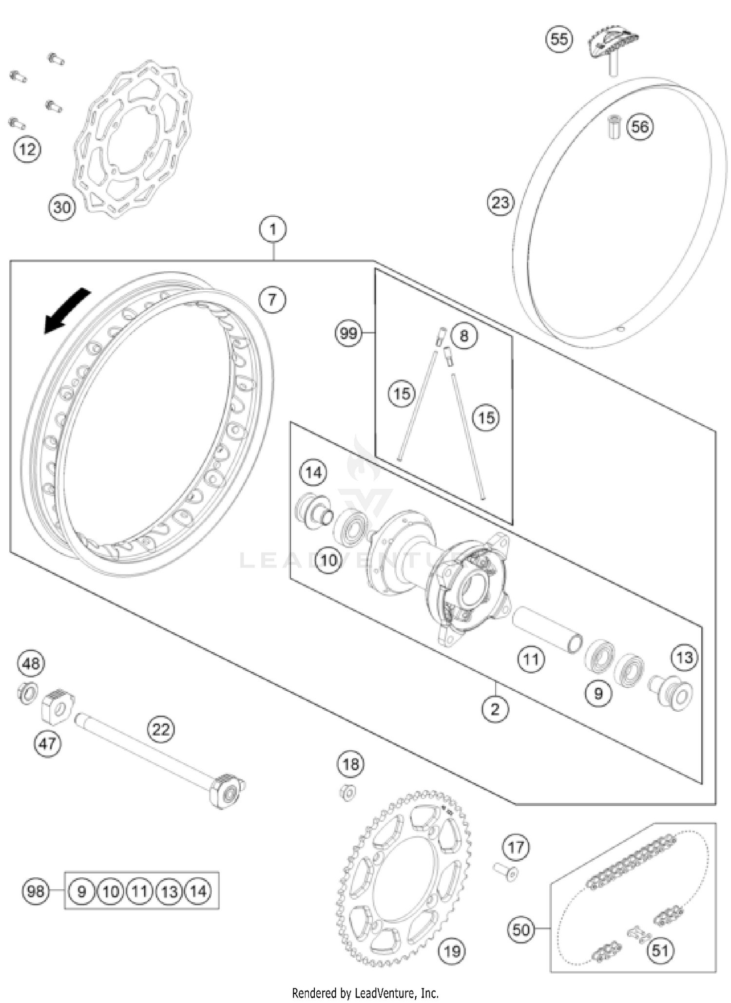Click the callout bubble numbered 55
pyautogui.click(x=559, y=38)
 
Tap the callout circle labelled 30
pyautogui.click(x=62, y=208)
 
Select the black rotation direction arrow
pyautogui.click(x=66, y=310)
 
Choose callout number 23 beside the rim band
pyautogui.click(x=500, y=202)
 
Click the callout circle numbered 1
pyautogui.click(x=273, y=229)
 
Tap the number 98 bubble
pyautogui.click(x=36, y=891)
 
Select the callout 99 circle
pyautogui.click(x=348, y=334)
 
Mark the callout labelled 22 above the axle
pyautogui.click(x=161, y=729)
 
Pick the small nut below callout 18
pyautogui.click(x=347, y=793)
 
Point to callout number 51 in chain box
pyautogui.click(x=660, y=950)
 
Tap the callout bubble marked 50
pyautogui.click(x=521, y=929)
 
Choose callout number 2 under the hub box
pyautogui.click(x=495, y=709)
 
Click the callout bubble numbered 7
pyautogui.click(x=272, y=299)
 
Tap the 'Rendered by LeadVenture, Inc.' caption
pyautogui.click(x=365, y=992)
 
